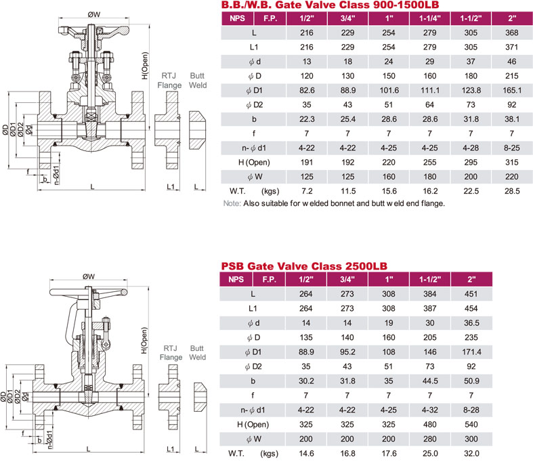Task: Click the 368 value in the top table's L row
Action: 511,33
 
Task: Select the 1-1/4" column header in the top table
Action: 429,18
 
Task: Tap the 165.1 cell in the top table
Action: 512,90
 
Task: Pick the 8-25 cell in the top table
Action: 511,148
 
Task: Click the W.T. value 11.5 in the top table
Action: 348,191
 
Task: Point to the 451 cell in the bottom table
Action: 471,294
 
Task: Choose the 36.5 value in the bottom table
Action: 471,323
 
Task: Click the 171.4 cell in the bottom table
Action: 471,352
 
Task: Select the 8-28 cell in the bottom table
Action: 471,410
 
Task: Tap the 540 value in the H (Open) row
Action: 471,424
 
